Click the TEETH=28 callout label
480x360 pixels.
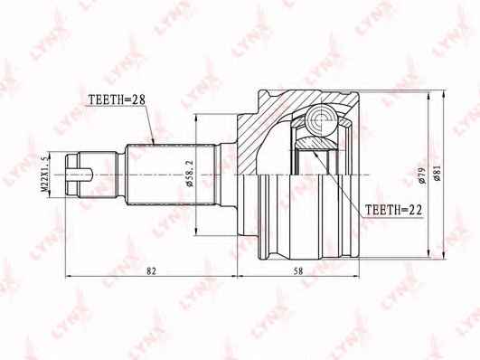(x=117, y=99)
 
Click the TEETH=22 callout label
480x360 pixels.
(x=394, y=210)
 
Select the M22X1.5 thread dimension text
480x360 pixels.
(x=44, y=174)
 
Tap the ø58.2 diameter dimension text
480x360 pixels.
(x=190, y=173)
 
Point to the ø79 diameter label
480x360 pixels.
(x=422, y=175)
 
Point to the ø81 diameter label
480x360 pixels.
(x=437, y=174)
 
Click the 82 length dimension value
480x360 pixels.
(x=151, y=270)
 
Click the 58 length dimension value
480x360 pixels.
(x=298, y=270)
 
